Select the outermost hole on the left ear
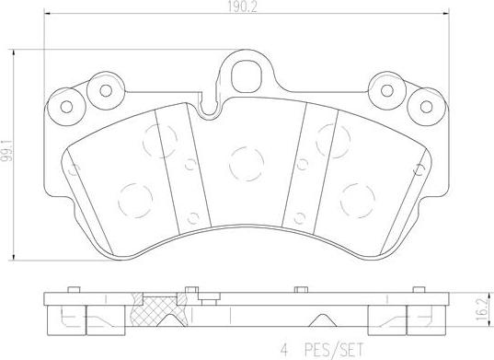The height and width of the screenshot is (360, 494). pyautogui.click(x=67, y=104)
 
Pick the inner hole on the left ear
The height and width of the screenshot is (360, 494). pyautogui.click(x=106, y=90)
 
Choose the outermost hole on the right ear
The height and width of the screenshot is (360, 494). pyautogui.click(x=425, y=103)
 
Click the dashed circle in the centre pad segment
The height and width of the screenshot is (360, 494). pyautogui.click(x=244, y=163)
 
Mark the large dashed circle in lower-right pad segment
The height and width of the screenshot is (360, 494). pyautogui.click(x=354, y=196)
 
